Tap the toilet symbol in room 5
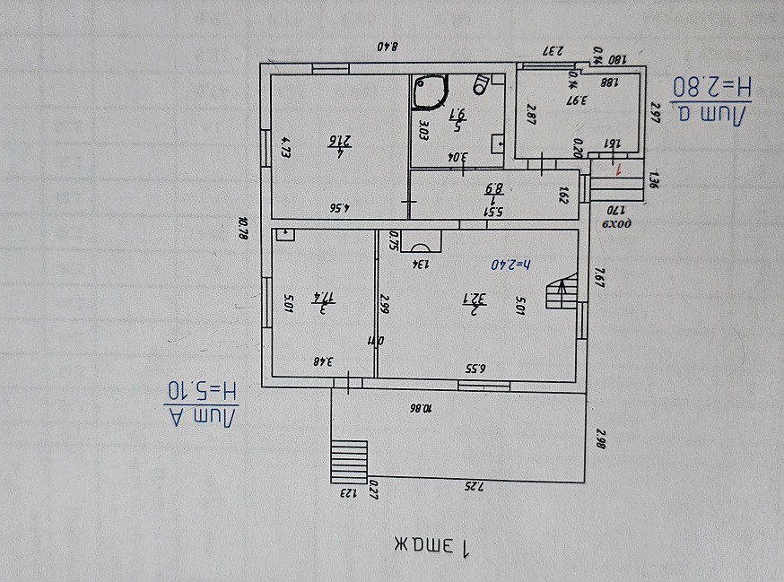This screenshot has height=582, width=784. pos(482,84)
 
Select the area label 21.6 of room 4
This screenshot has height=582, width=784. pos(339,142)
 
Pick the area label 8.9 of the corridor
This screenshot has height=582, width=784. pos(493,190)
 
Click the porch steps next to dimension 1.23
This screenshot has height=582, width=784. pos(350,461)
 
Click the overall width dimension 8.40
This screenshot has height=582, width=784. pos(387,47)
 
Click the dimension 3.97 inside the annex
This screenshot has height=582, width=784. pos(578,100)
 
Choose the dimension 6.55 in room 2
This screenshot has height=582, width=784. pos(475,367)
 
